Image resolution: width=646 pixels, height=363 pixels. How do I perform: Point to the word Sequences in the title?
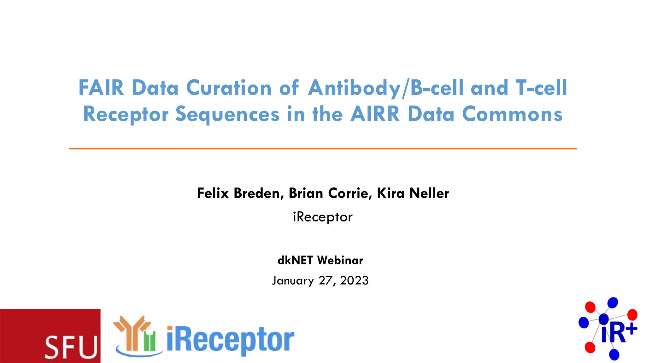tap(227, 114)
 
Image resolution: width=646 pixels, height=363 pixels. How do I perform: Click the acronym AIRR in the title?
tap(375, 114)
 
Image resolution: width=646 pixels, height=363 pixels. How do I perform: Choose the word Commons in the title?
tap(512, 114)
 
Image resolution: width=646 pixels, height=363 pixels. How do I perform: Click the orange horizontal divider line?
tap(323, 148)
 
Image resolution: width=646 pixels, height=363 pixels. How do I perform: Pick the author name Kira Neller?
tap(413, 193)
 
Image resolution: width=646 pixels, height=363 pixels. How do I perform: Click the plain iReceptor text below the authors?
tap(323, 217)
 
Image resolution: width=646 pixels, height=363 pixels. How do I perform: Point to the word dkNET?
tap(295, 260)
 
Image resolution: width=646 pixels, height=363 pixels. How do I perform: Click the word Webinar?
tap(340, 260)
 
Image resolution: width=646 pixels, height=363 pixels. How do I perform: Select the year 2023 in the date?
tap(354, 280)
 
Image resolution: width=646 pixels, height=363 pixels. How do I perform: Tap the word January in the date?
tap(293, 280)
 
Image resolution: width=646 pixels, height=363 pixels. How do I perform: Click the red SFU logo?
tap(50, 336)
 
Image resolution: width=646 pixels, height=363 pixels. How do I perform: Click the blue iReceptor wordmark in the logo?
tap(230, 340)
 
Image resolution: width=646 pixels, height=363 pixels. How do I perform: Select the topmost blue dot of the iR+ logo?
tap(613, 302)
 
